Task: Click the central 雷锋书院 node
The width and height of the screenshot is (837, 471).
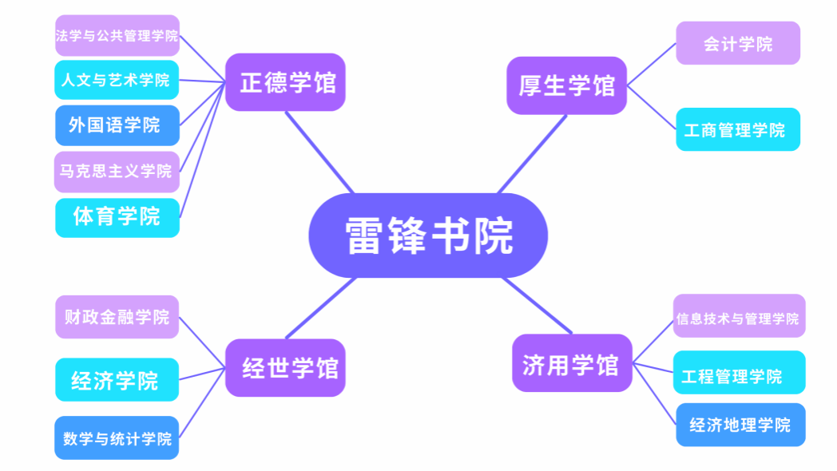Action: click(428, 235)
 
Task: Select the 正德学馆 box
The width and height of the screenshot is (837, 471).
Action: click(285, 82)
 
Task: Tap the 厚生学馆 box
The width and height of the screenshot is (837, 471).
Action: click(566, 85)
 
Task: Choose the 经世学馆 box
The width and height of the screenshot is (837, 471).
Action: click(285, 367)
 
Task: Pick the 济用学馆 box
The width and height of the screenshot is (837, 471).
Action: click(571, 363)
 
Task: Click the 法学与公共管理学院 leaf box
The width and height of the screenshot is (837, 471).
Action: click(117, 36)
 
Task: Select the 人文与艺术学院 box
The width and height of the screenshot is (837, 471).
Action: click(117, 80)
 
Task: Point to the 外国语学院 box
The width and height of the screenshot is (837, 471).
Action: click(117, 125)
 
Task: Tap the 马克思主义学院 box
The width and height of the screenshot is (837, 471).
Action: click(117, 171)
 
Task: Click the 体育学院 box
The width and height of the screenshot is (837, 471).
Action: click(117, 216)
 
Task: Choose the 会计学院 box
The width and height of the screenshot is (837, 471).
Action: click(738, 44)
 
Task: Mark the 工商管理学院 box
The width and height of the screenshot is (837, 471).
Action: click(738, 129)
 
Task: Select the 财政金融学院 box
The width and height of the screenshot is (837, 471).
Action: click(117, 317)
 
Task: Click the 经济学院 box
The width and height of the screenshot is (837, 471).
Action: click(117, 380)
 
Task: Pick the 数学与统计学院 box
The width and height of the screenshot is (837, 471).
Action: click(117, 438)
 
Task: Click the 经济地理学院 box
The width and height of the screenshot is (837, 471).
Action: click(740, 425)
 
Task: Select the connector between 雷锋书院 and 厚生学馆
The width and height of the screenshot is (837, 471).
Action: click(532, 154)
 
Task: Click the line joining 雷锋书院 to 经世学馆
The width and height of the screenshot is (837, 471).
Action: click(319, 307)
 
